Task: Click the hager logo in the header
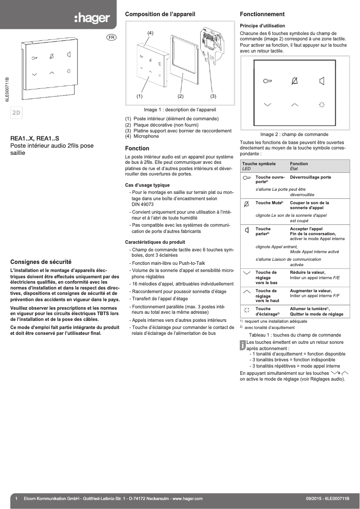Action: pos(92,18)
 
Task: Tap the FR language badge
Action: pos(111,37)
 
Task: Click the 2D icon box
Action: pos(16,113)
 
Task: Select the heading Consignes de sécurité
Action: pos(41,262)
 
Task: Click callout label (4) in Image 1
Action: pos(150,33)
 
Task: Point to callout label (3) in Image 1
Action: pos(213,96)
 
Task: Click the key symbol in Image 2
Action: pos(268,81)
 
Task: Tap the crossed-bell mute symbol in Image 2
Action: pos(294,81)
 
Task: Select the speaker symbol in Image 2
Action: pos(321,81)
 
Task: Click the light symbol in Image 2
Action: pos(321,105)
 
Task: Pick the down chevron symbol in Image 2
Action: pos(268,105)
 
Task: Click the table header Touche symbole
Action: pos(259,164)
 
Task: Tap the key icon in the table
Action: pos(246,178)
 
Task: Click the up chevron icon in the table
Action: pos(246,291)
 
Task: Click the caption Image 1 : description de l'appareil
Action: pos(180,110)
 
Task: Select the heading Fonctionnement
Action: pos(262,14)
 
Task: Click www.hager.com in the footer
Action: pos(187,499)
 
